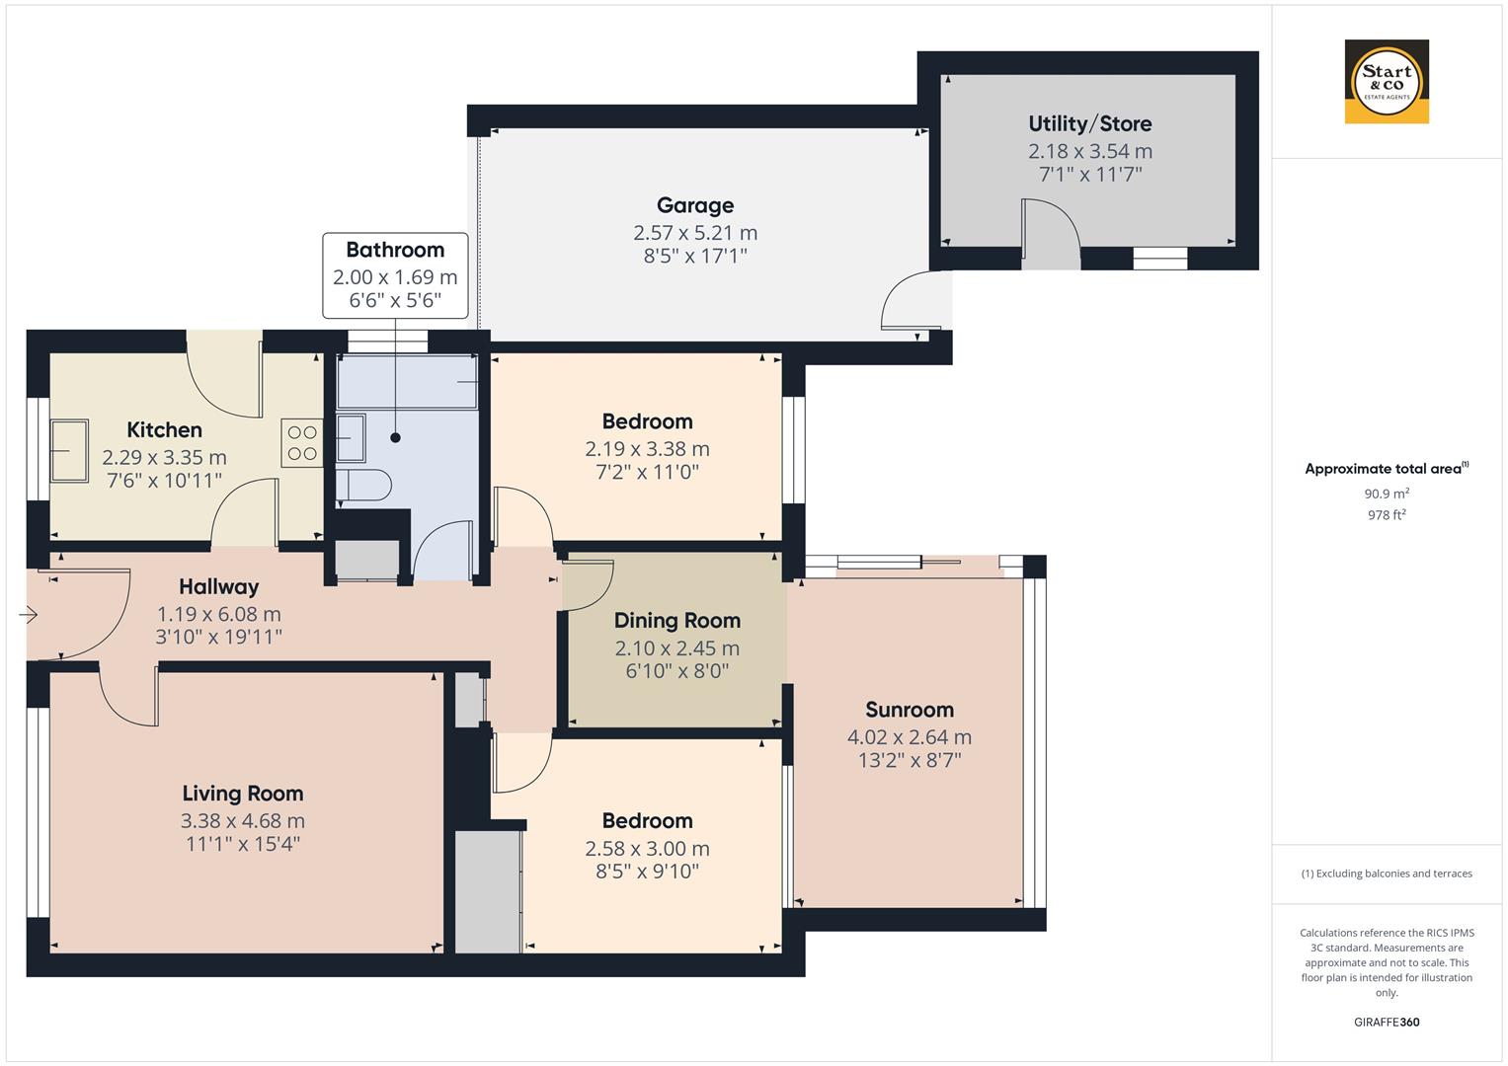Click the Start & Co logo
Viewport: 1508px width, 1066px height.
point(1387,81)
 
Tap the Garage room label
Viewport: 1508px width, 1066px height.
point(695,205)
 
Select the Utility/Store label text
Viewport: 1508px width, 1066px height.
point(1089,123)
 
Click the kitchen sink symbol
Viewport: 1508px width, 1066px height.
point(69,450)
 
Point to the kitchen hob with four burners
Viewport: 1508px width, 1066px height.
point(302,443)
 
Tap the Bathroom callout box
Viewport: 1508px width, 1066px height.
point(395,274)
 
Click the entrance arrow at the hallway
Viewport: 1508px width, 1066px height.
point(28,615)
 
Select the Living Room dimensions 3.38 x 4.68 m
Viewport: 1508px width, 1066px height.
point(242,820)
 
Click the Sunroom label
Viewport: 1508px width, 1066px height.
point(909,710)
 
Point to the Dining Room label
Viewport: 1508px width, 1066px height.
point(676,621)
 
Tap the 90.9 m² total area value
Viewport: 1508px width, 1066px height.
point(1387,494)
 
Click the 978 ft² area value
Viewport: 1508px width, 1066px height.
point(1387,514)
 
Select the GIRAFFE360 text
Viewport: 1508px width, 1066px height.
point(1387,1022)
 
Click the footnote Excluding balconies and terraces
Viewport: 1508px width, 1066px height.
point(1387,874)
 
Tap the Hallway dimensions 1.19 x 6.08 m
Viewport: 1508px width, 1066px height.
point(218,614)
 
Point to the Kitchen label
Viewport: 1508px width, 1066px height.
point(164,430)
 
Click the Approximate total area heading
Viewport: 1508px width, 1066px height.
point(1386,469)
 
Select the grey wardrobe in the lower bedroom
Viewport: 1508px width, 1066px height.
point(488,891)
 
